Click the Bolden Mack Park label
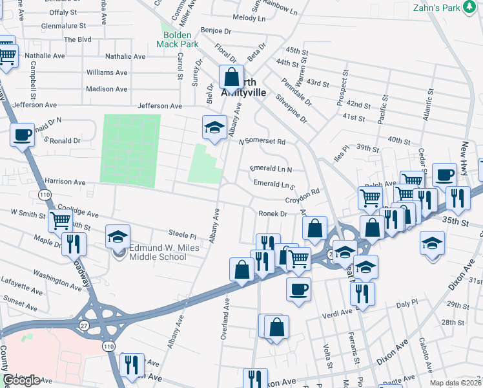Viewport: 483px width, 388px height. [177, 39]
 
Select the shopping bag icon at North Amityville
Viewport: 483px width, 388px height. [231, 77]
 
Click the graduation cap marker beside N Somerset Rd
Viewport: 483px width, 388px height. [214, 127]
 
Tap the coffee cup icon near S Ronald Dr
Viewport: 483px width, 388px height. [23, 135]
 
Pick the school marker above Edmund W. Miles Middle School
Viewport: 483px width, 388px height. [118, 237]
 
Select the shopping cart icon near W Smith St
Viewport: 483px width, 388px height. [60, 221]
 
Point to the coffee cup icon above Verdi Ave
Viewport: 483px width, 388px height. [298, 290]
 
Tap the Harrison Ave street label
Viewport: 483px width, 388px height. [64, 182]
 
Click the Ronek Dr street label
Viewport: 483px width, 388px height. [272, 213]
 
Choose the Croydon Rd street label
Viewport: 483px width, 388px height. [303, 192]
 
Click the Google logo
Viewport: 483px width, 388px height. [21, 380]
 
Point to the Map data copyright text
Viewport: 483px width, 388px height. [455, 383]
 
